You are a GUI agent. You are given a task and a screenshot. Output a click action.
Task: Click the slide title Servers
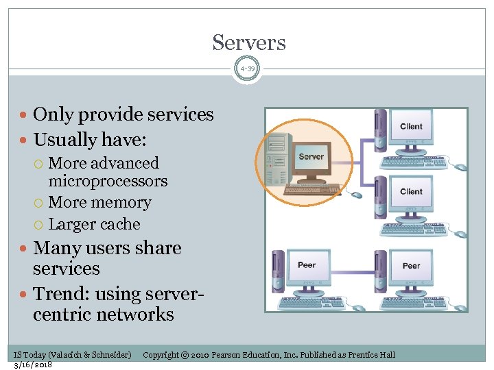[x=248, y=42]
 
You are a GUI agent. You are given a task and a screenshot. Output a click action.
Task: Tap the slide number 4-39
[x=247, y=69]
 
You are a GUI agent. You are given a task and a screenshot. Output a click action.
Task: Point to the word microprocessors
[x=108, y=182]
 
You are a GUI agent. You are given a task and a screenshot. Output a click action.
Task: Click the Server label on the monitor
[x=311, y=157]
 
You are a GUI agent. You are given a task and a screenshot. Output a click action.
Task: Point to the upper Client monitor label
[x=411, y=126]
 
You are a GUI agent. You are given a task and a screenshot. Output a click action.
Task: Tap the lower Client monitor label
[x=411, y=192]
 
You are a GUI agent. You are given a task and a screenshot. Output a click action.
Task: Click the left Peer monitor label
[x=307, y=265]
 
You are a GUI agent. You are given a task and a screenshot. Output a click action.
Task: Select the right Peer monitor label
[x=411, y=265]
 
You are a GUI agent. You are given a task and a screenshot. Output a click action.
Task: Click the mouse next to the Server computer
[x=356, y=195]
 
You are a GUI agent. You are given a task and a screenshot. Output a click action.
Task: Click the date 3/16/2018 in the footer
[x=33, y=364]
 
